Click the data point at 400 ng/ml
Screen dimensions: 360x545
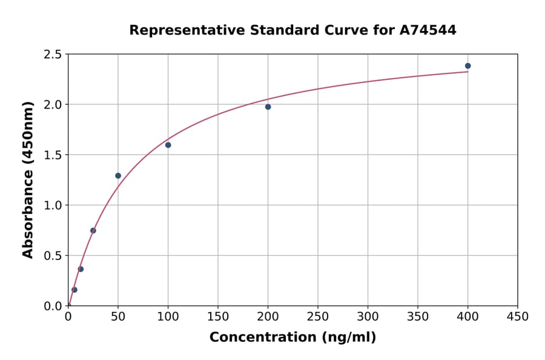(467, 66)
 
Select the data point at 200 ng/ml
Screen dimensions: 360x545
(268, 107)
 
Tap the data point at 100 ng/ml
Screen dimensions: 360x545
(168, 145)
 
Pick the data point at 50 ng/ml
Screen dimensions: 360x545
(118, 176)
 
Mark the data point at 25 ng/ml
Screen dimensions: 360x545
(93, 230)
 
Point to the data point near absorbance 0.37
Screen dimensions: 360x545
(81, 269)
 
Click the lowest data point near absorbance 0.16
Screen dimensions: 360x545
(74, 290)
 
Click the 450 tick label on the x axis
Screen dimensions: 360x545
(517, 316)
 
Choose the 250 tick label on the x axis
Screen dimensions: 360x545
(317, 316)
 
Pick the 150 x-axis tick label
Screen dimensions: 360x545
(217, 316)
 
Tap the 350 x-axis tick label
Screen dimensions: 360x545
(417, 316)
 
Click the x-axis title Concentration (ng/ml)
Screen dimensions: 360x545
(292, 338)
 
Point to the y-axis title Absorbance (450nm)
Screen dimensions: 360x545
(28, 179)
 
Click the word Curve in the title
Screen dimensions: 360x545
(346, 30)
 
